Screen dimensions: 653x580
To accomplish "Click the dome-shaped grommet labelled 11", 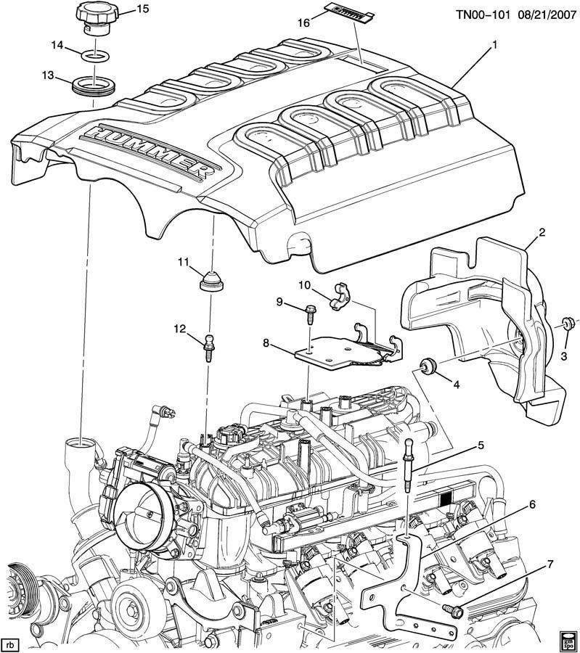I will click(211, 280).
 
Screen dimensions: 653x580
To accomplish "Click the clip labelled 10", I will click(340, 296).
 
